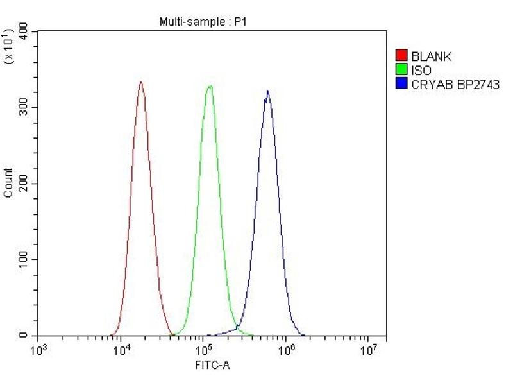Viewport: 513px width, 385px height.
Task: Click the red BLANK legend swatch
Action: [402, 56]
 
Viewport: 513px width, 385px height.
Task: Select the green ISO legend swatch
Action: [402, 70]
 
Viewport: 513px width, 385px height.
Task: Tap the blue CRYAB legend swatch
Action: [402, 84]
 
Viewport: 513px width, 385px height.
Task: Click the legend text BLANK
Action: [432, 56]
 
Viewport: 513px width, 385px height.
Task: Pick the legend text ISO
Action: [422, 71]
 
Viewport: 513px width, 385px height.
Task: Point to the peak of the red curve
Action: [141, 82]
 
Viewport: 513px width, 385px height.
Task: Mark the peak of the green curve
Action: [209, 85]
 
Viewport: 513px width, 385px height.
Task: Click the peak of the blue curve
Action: [267, 90]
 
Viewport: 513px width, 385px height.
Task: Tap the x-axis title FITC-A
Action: [212, 366]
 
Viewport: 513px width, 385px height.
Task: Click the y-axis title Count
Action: [8, 183]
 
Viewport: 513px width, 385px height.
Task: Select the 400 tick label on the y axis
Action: [25, 31]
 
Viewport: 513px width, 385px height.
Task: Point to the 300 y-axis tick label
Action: [25, 107]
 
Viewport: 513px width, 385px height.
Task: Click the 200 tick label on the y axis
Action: [25, 184]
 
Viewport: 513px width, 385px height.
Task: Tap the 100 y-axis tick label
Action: [25, 259]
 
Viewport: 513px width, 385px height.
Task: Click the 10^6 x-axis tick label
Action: [286, 350]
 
